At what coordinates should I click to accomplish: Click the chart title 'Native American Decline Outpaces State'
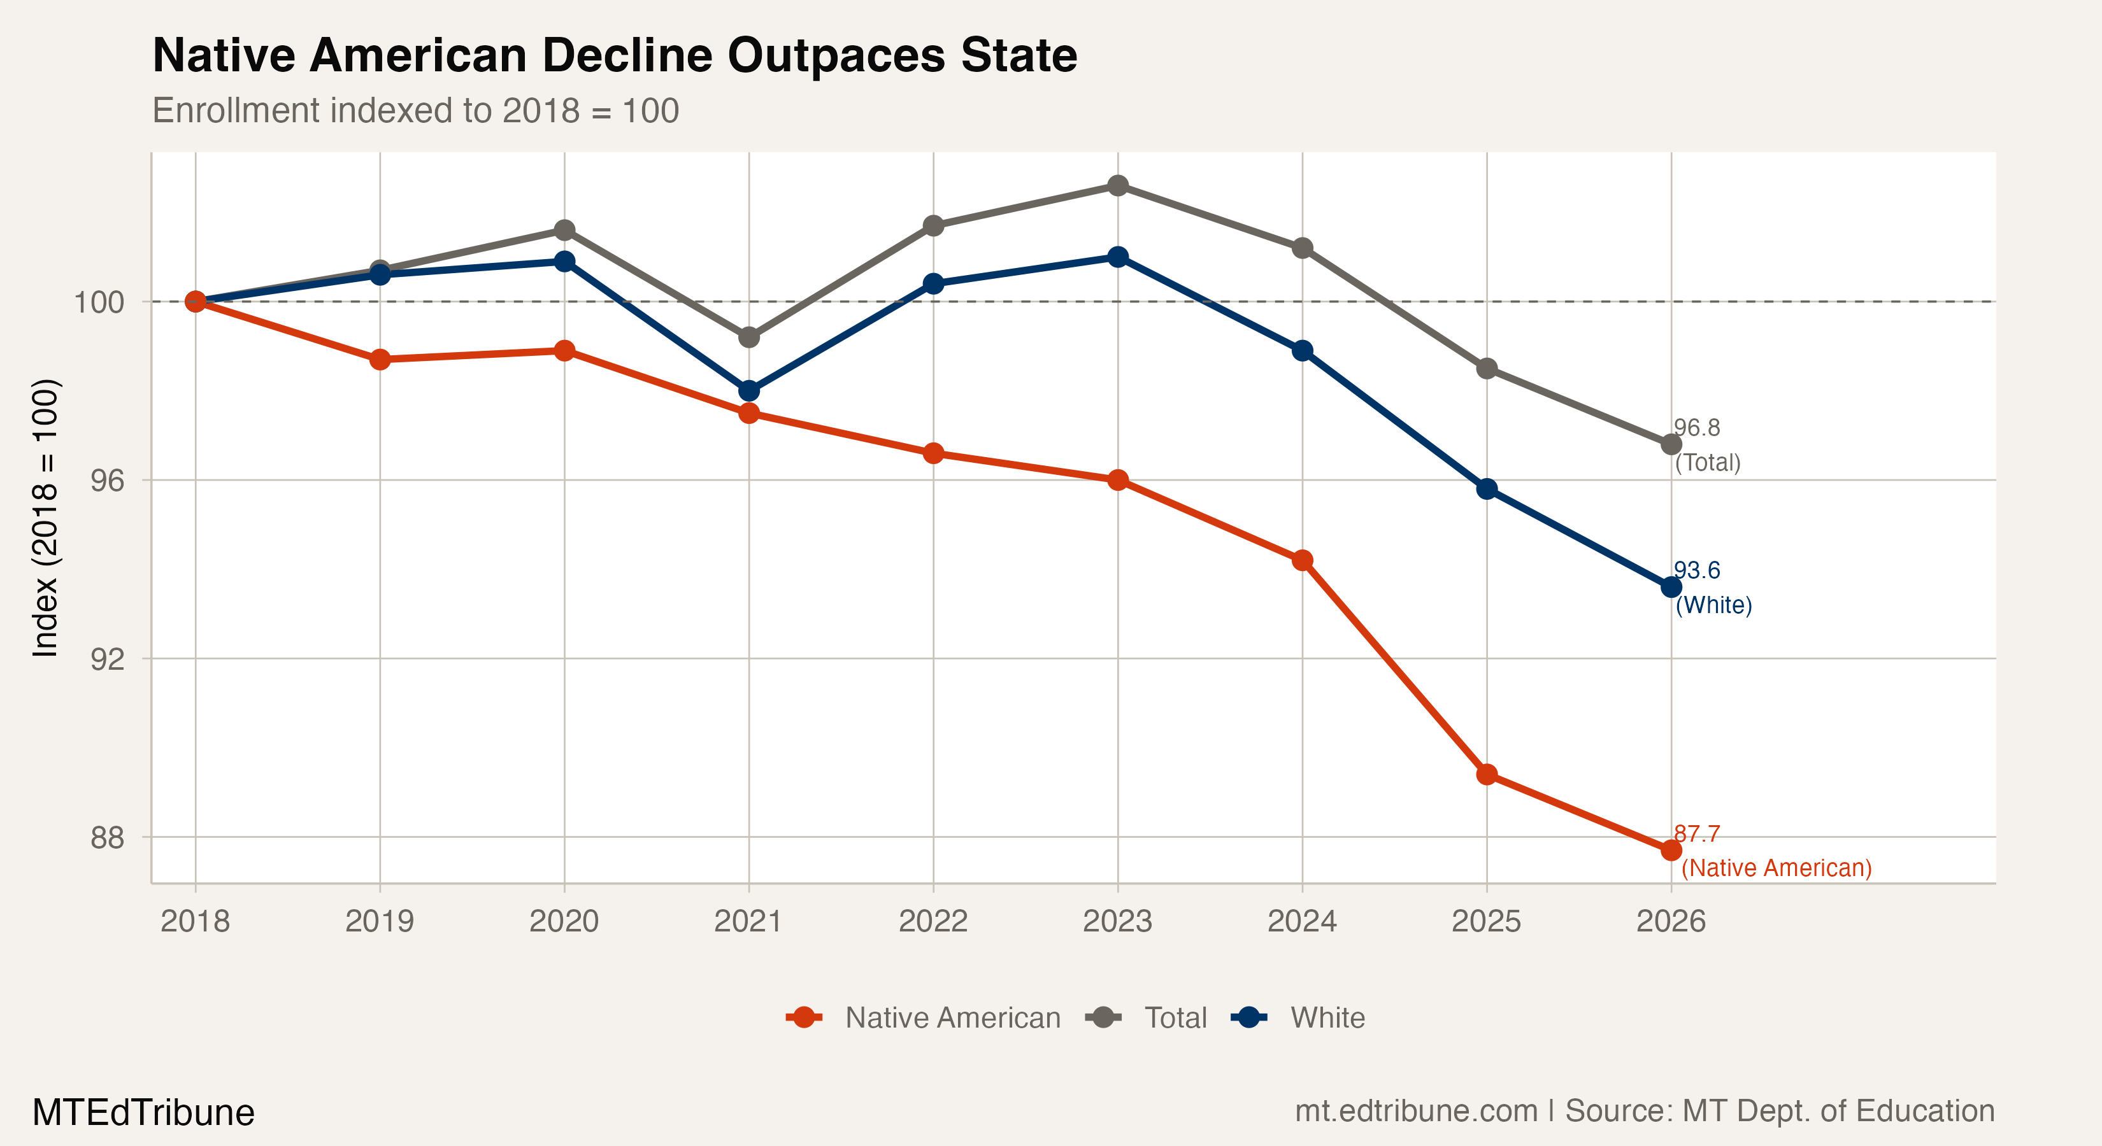[x=615, y=55]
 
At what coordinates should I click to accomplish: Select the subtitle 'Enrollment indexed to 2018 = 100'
[x=415, y=111]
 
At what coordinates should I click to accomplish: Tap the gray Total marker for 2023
[x=1118, y=186]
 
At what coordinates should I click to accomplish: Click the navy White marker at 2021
[x=749, y=391]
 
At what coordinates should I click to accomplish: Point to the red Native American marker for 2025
[x=1487, y=774]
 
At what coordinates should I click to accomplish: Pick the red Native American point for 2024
[x=1303, y=560]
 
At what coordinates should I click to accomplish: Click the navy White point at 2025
[x=1487, y=488]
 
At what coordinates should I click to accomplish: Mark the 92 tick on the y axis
[x=107, y=659]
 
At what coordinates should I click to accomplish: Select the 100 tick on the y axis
[x=99, y=302]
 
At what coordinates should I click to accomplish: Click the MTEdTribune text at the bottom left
[x=143, y=1112]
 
